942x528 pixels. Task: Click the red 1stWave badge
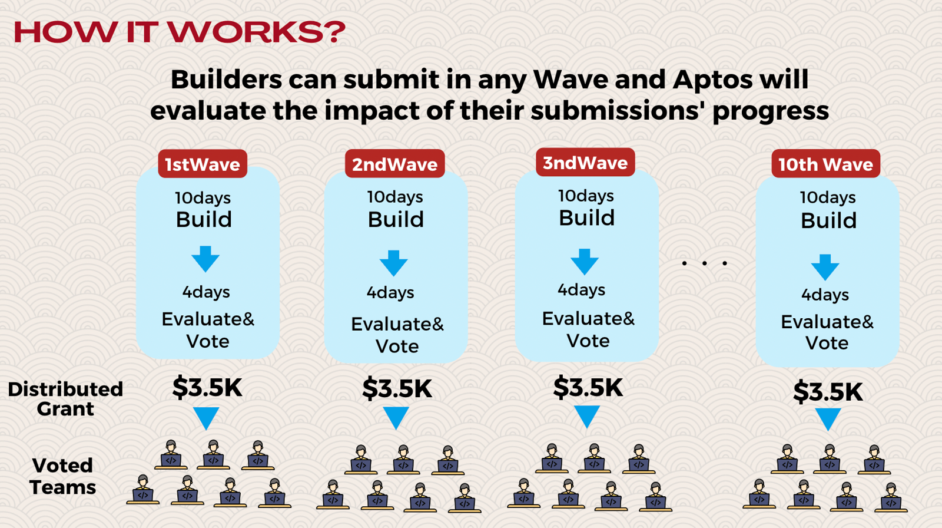[x=203, y=164]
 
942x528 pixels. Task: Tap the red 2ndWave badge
[x=394, y=163]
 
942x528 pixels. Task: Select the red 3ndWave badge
[x=585, y=162]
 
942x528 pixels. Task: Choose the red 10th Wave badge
[x=825, y=164]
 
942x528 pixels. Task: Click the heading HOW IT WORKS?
[x=180, y=32]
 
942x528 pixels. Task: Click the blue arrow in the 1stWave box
[x=205, y=259]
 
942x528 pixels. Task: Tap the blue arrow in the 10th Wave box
[x=825, y=267]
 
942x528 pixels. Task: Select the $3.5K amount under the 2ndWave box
[x=397, y=388]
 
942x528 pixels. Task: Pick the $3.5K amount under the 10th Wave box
[x=828, y=392]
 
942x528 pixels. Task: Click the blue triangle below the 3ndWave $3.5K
[x=586, y=417]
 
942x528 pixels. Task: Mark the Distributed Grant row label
[x=65, y=399]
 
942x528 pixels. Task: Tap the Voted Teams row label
[x=63, y=476]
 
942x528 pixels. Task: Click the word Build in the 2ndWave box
[x=395, y=219]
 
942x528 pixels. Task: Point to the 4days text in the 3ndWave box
[x=581, y=291]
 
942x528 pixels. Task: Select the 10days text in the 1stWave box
[x=203, y=198]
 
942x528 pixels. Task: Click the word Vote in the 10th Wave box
[x=827, y=343]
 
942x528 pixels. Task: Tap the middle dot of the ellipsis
[x=704, y=263]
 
